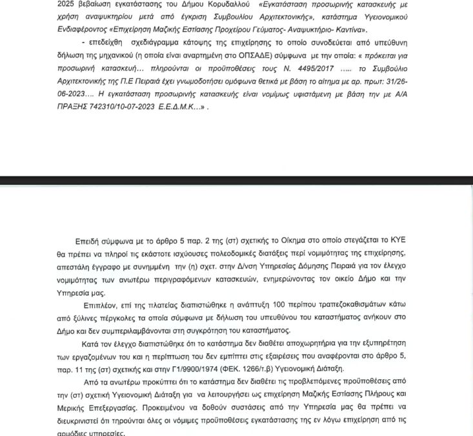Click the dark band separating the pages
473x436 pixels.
point(236,180)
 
